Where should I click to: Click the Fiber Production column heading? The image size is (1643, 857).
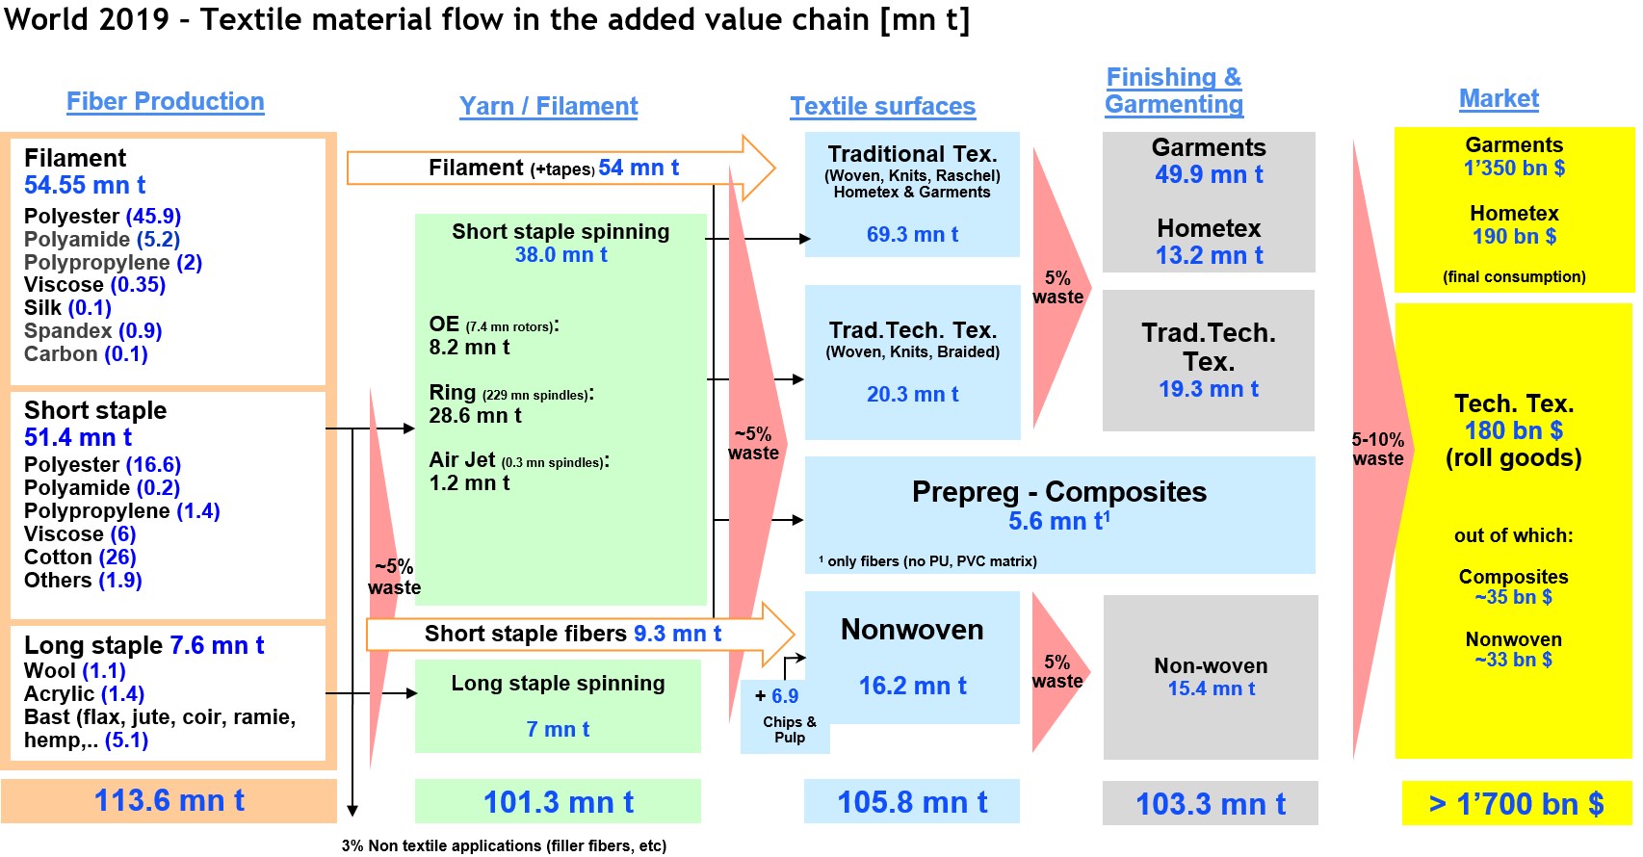coord(165,101)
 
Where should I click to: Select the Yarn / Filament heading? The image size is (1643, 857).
coord(548,106)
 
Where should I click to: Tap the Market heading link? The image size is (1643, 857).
coord(1499,98)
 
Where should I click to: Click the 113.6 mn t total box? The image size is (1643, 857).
coord(169,800)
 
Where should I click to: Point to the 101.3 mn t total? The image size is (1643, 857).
coord(558,802)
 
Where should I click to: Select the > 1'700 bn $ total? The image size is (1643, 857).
coord(1516,803)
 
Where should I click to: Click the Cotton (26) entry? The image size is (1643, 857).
coord(80,558)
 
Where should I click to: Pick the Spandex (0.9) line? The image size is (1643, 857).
coord(92,331)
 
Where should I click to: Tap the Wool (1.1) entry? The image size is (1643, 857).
coord(75,671)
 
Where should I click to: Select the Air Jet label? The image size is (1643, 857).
coord(462,460)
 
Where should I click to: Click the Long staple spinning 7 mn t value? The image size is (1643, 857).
coord(558,729)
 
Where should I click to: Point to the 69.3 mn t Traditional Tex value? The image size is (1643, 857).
coord(912,234)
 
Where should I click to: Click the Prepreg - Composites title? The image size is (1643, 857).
coord(1058,492)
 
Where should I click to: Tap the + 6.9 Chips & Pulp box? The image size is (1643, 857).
coord(785,714)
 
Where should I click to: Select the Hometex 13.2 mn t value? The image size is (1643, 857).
coord(1209,255)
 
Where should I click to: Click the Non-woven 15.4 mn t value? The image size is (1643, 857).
coord(1211,688)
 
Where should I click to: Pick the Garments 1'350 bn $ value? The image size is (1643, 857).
coord(1514,168)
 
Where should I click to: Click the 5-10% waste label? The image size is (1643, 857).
coord(1377,450)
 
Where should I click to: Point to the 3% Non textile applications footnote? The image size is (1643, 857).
coord(504,845)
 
